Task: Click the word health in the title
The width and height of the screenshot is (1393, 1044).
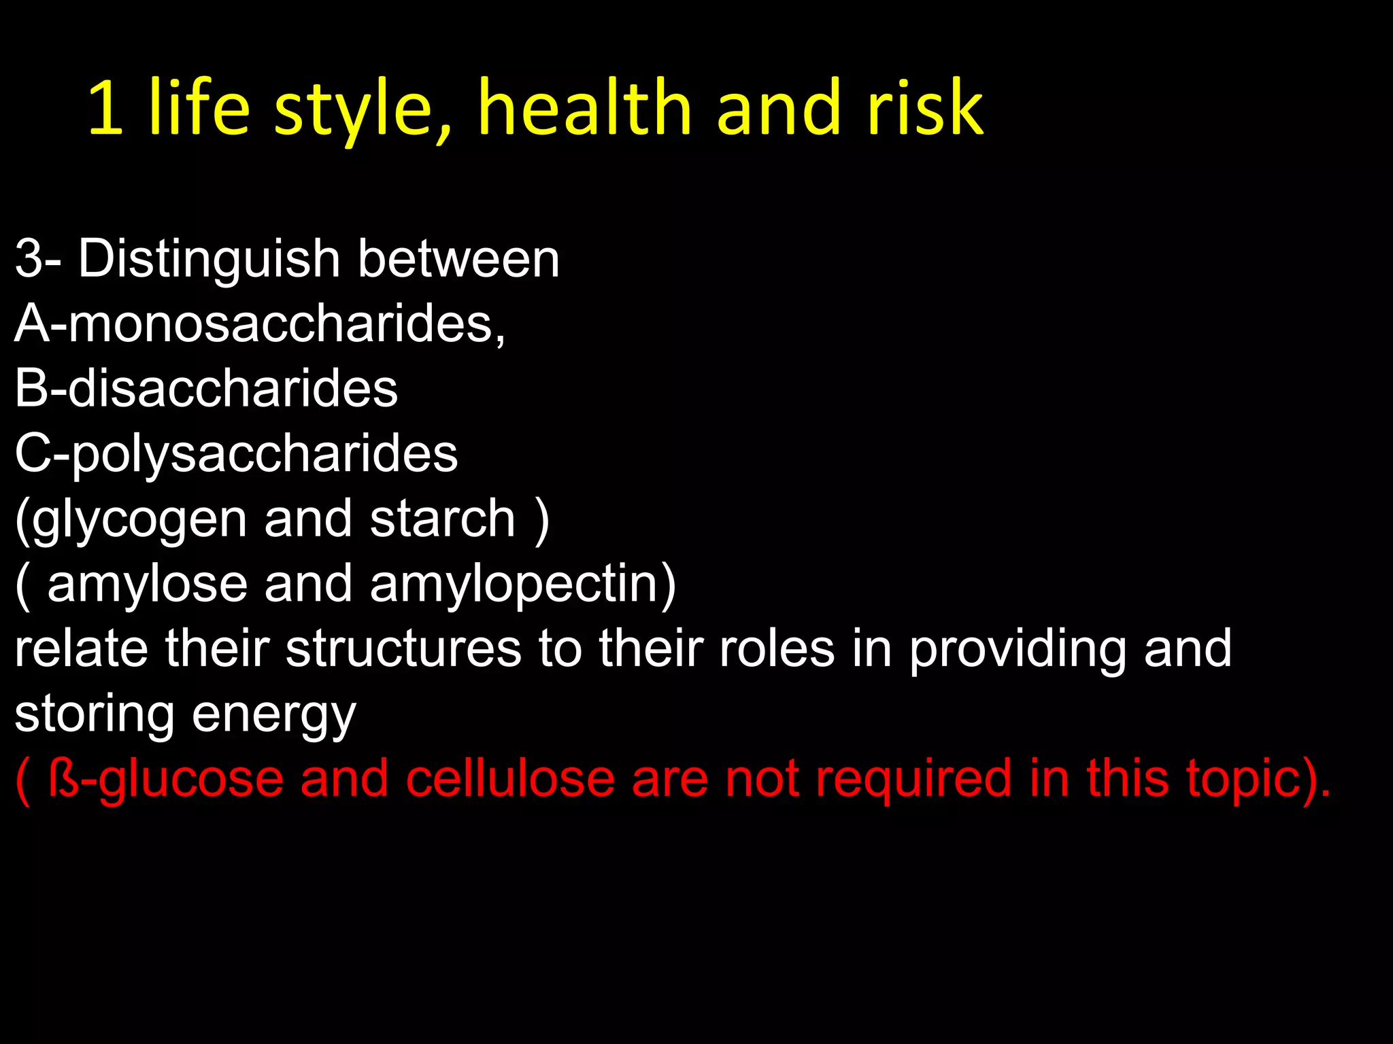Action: (x=585, y=107)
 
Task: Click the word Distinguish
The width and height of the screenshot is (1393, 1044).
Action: (x=209, y=260)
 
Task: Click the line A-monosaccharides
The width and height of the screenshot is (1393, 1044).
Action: (x=260, y=324)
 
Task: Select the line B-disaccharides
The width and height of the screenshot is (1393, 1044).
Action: (x=206, y=389)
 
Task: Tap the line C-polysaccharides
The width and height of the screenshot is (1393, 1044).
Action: (x=236, y=454)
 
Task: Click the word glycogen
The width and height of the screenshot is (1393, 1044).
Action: (x=139, y=520)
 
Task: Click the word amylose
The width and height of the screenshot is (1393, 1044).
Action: (x=147, y=585)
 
